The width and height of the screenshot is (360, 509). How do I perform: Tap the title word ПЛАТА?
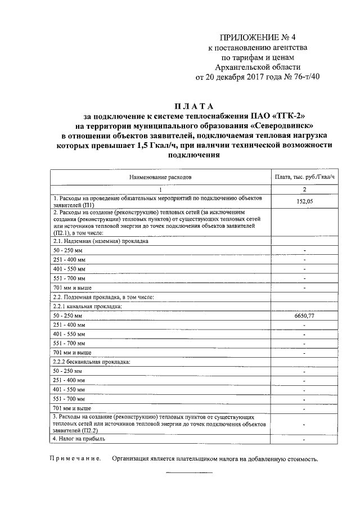pyautogui.click(x=192, y=106)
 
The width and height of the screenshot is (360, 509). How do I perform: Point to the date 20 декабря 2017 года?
pyautogui.click(x=243, y=78)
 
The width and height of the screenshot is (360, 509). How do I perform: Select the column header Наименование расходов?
pyautogui.click(x=160, y=177)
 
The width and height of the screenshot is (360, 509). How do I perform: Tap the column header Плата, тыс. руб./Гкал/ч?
pyautogui.click(x=304, y=177)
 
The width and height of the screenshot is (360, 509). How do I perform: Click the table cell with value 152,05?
pyautogui.click(x=304, y=201)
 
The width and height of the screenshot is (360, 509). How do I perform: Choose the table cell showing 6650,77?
pyautogui.click(x=304, y=317)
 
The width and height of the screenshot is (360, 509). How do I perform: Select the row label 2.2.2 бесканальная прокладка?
pyautogui.click(x=91, y=362)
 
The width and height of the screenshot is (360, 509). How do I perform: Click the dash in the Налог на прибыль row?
pyautogui.click(x=304, y=438)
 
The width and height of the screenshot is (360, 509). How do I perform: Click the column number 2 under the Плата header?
pyautogui.click(x=304, y=190)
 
